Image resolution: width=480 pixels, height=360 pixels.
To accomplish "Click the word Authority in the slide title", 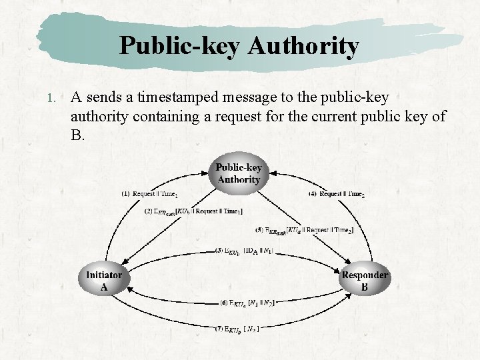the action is [303, 46].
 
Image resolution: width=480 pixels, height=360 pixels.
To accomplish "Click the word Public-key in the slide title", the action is [180, 46].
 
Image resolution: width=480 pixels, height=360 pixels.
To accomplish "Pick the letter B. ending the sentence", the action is [78, 135].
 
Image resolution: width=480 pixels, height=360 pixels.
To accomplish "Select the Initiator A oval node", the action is [103, 281].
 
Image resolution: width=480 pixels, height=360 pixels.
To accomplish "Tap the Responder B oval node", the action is [364, 281].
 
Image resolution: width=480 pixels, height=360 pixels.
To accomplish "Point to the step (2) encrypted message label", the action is [193, 211].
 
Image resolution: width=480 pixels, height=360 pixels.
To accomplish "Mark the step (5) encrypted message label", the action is [304, 230].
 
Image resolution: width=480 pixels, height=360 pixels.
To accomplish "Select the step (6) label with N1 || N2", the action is [247, 302].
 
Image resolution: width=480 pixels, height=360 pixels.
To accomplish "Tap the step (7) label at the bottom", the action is [237, 328].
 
